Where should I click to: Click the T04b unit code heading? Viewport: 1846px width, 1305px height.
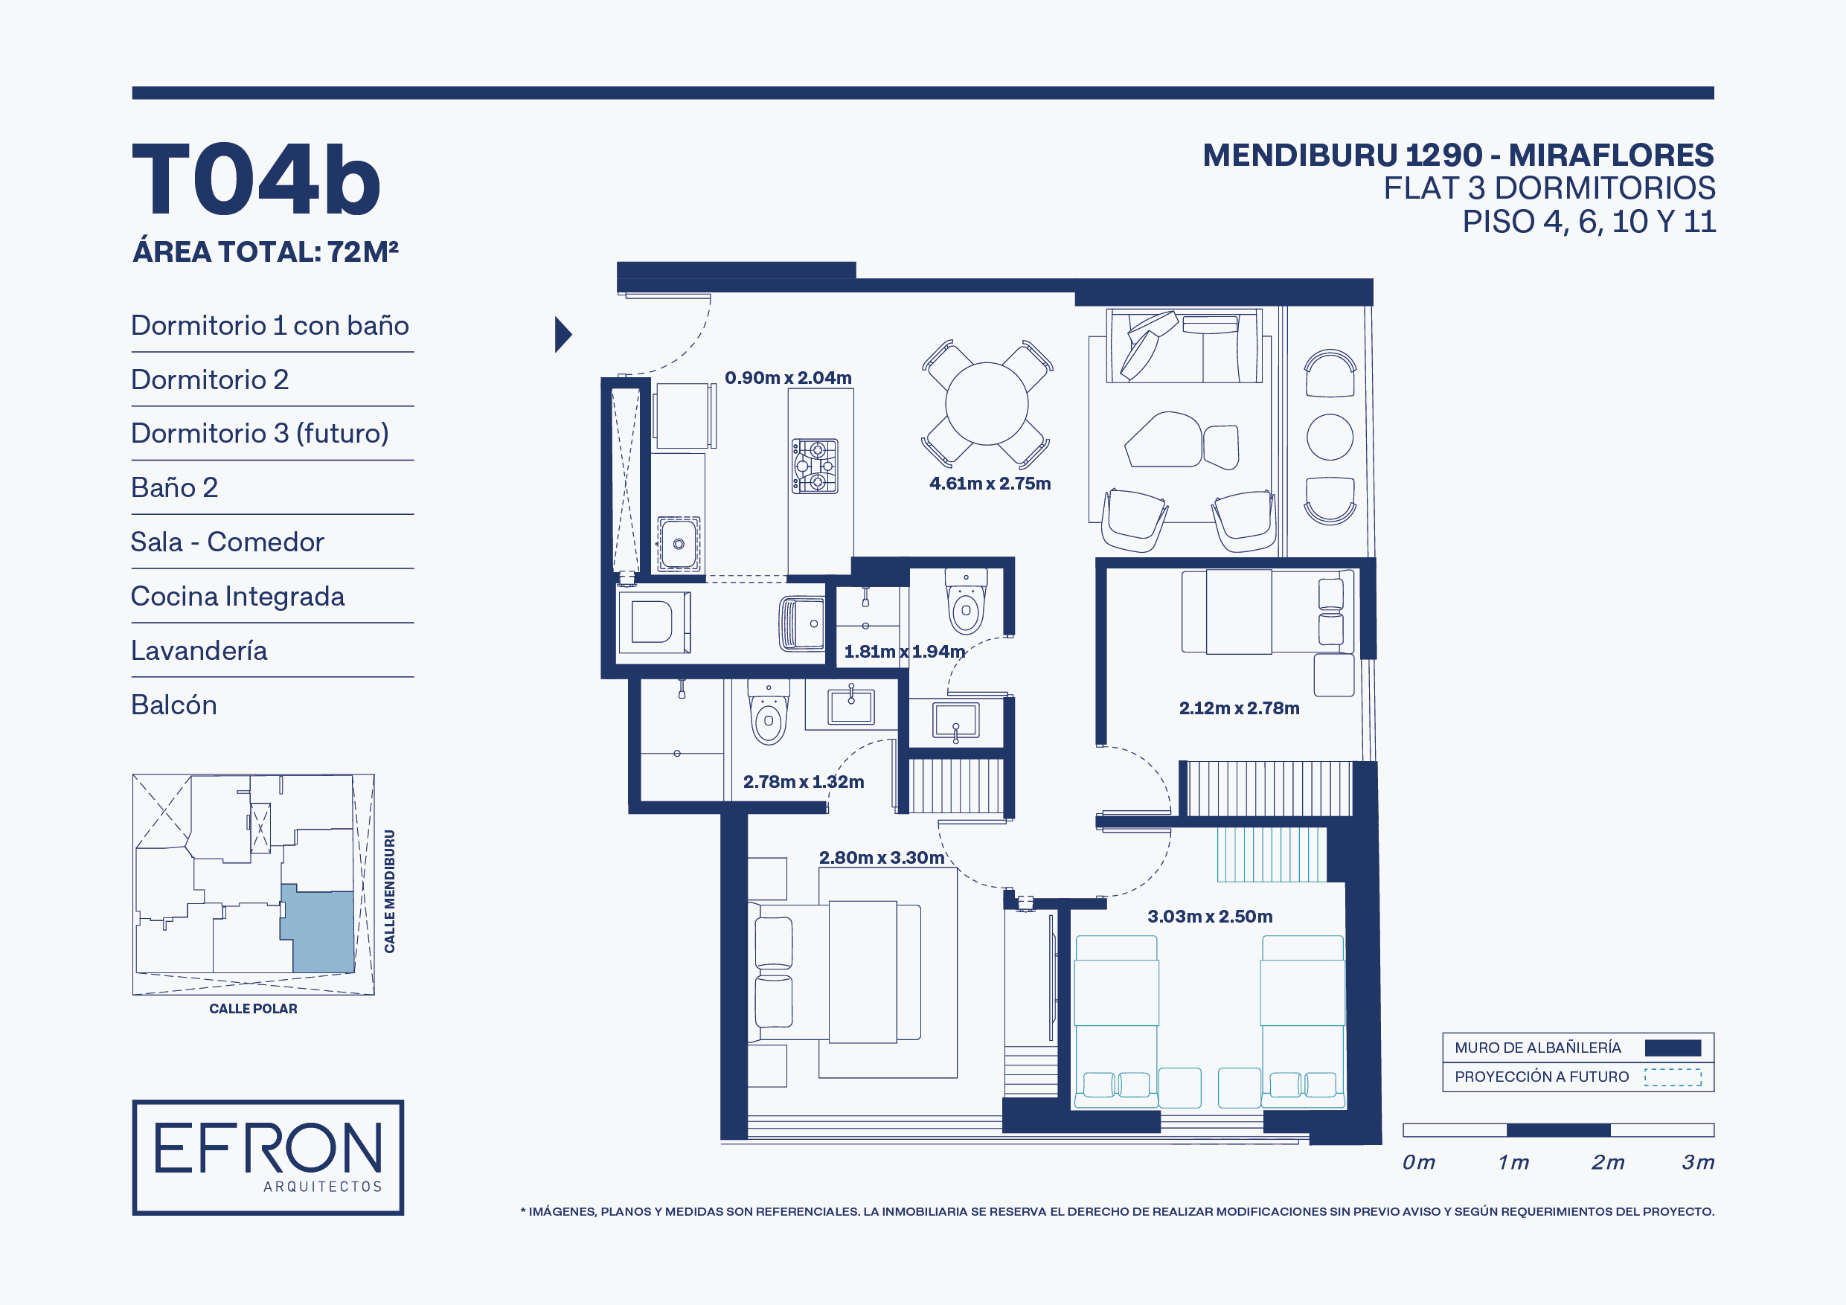(x=256, y=179)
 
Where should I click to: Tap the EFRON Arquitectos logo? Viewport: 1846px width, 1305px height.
(x=268, y=1157)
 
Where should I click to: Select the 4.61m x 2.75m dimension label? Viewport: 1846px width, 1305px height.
(x=990, y=484)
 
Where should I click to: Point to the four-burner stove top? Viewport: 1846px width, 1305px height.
(x=815, y=466)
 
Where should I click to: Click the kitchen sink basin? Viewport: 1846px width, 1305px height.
(x=679, y=544)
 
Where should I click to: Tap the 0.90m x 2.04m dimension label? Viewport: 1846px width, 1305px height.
(x=788, y=377)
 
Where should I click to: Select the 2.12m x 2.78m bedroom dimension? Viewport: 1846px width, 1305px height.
(x=1239, y=708)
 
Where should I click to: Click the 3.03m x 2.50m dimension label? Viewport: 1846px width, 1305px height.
(x=1209, y=916)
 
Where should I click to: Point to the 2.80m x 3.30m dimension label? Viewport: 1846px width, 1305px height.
(x=881, y=857)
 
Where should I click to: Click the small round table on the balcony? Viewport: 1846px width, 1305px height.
(x=1330, y=437)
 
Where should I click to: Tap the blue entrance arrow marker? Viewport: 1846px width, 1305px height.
(x=563, y=335)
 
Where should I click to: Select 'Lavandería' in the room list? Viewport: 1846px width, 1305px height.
(x=199, y=650)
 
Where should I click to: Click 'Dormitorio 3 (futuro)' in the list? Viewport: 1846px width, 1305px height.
(x=260, y=434)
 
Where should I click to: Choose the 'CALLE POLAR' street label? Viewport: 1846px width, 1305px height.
(x=253, y=1008)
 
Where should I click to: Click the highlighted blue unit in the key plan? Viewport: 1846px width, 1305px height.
(x=318, y=930)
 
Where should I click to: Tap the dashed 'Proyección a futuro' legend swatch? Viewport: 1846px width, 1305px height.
(x=1673, y=1077)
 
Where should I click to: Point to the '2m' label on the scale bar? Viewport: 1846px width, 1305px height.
(x=1608, y=1162)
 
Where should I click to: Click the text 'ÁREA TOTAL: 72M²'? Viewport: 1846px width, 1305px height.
(x=266, y=251)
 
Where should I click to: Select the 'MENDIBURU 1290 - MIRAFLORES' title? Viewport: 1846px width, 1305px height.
(x=1458, y=155)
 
